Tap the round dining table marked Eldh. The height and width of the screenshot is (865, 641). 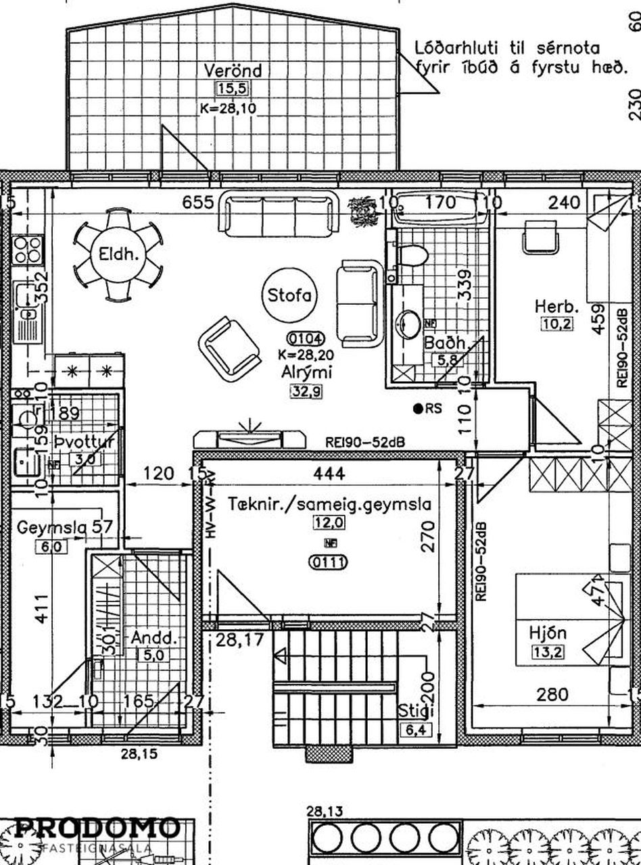point(118,255)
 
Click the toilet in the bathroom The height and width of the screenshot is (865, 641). point(413,256)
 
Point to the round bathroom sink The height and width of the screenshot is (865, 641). point(408,324)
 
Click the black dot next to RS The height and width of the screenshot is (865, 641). point(419,408)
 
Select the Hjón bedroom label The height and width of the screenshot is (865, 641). point(548,634)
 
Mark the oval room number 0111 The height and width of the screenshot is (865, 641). point(327,562)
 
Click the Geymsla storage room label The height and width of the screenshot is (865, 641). point(59,527)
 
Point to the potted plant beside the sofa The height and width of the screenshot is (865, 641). point(362,209)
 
